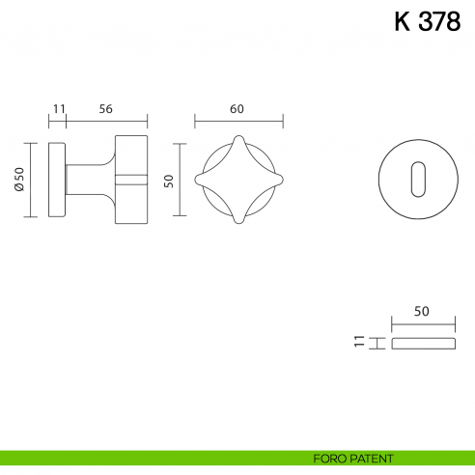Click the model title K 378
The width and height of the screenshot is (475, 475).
(427, 22)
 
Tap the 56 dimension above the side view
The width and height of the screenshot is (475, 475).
(105, 109)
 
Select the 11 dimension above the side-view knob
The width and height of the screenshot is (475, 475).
(58, 109)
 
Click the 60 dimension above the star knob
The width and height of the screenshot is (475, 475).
(237, 109)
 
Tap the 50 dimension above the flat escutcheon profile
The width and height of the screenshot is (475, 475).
(421, 311)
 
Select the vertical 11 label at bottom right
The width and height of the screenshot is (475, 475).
(359, 342)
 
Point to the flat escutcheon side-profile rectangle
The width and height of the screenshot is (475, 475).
(421, 343)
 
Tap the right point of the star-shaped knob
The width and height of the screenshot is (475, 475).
(278, 180)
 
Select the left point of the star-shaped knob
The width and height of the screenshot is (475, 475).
(198, 180)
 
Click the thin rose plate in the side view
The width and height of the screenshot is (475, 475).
(58, 180)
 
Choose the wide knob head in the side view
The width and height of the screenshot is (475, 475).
(131, 180)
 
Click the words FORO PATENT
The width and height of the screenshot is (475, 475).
(353, 458)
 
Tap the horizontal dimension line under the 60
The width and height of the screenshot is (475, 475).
(237, 123)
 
